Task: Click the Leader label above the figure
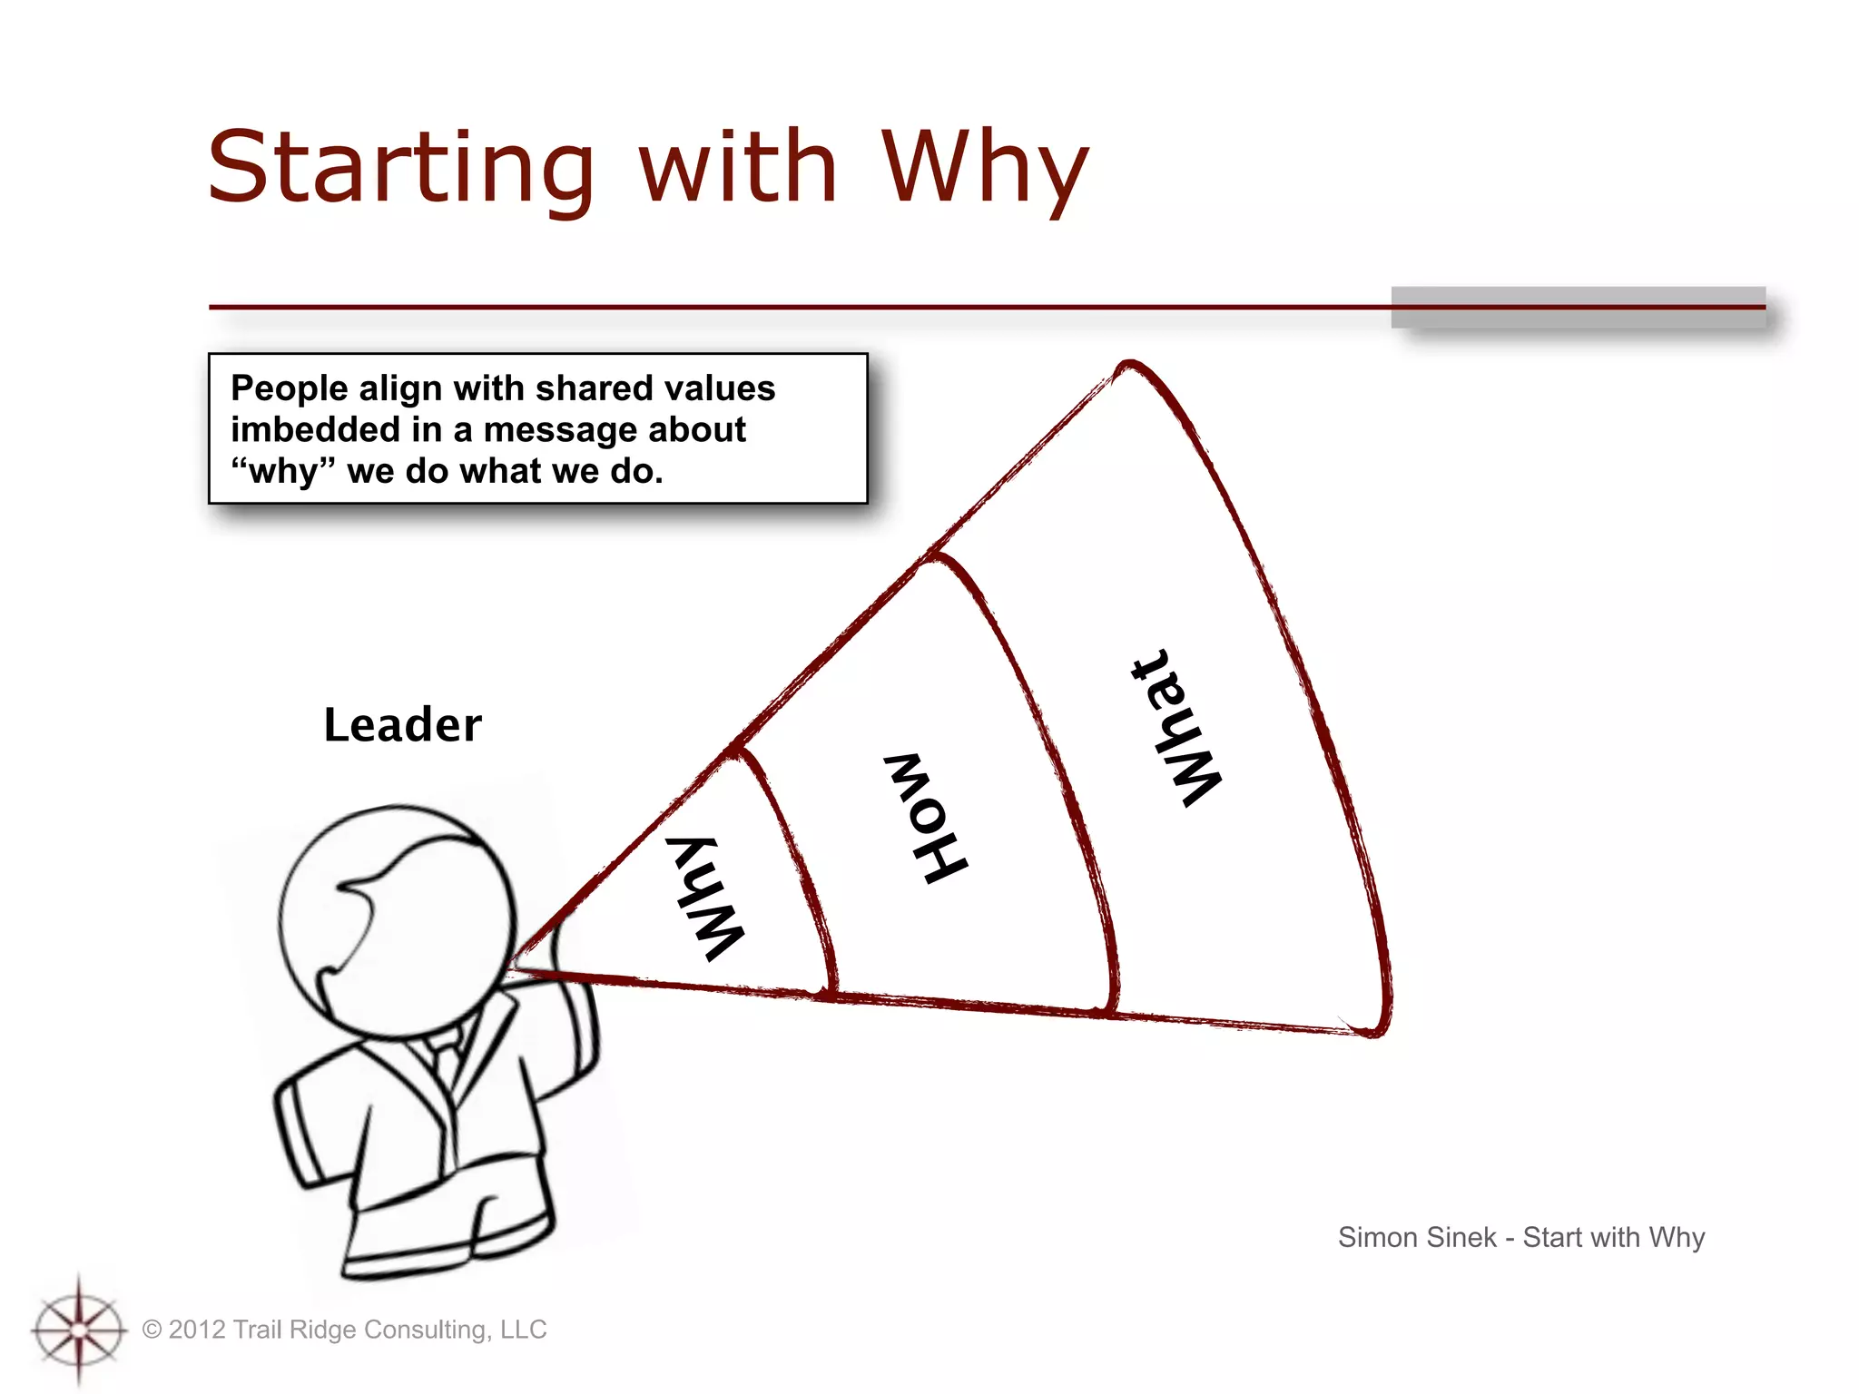coord(402,725)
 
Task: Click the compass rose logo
coord(79,1330)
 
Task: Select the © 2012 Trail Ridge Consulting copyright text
coord(345,1330)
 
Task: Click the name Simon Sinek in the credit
coord(1416,1237)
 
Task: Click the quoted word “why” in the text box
coord(283,472)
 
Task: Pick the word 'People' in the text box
coord(290,388)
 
